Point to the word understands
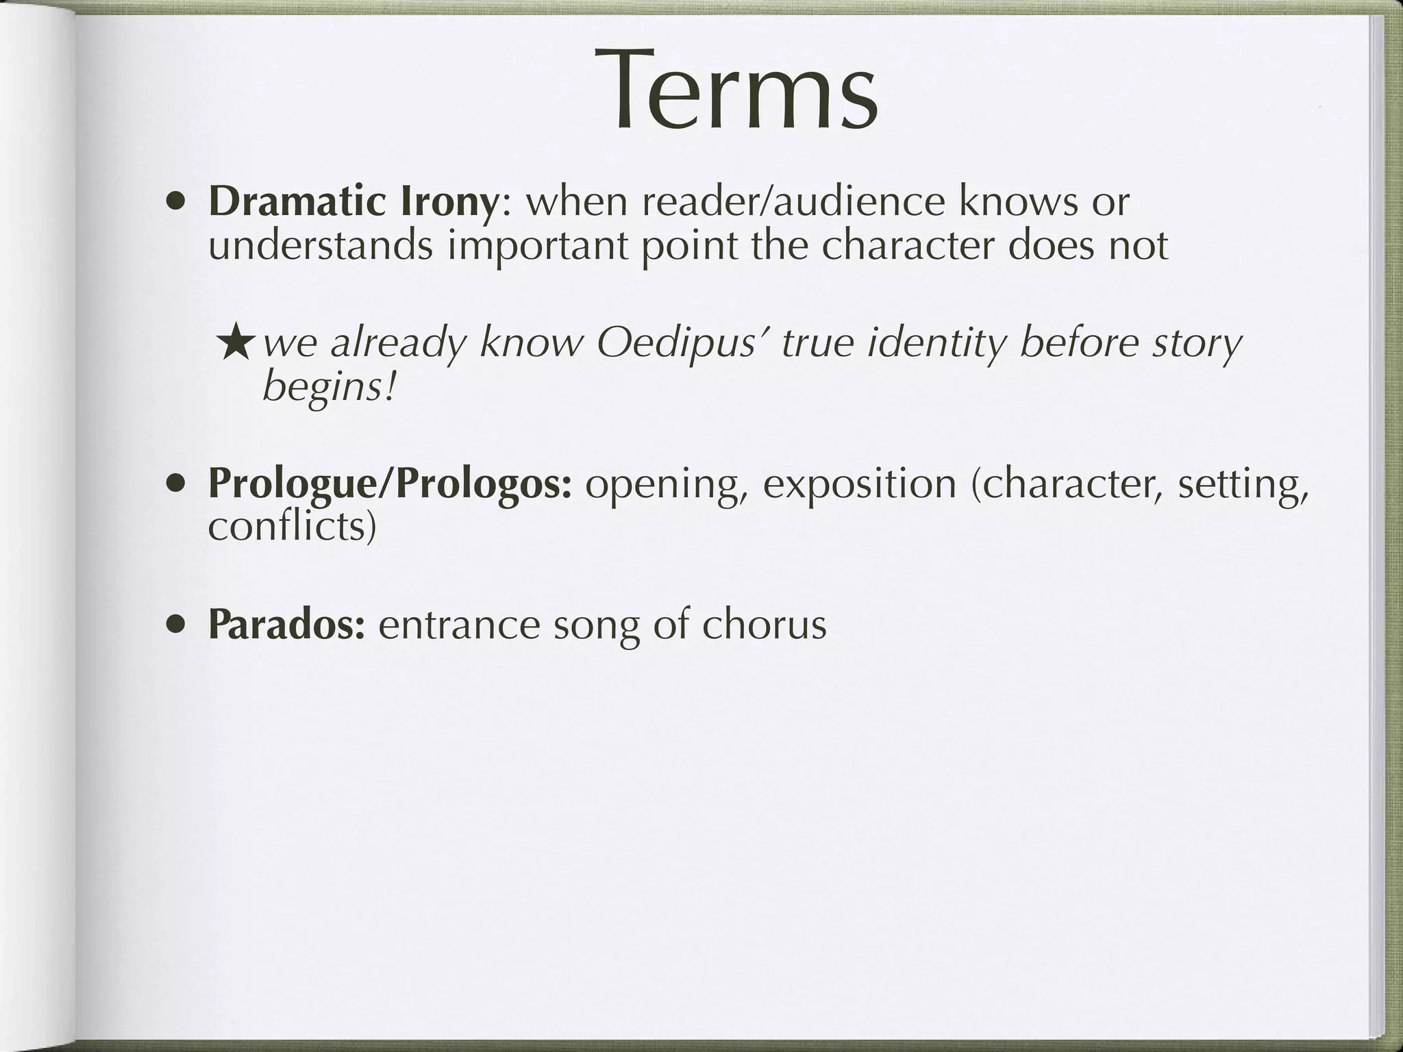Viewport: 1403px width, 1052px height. [x=320, y=245]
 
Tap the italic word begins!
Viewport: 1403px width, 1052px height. [x=330, y=388]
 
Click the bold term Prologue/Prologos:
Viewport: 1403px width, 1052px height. [x=390, y=484]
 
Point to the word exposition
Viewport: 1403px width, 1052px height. [x=859, y=484]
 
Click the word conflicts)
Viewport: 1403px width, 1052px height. [x=292, y=526]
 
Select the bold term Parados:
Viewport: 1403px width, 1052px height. [x=286, y=625]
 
